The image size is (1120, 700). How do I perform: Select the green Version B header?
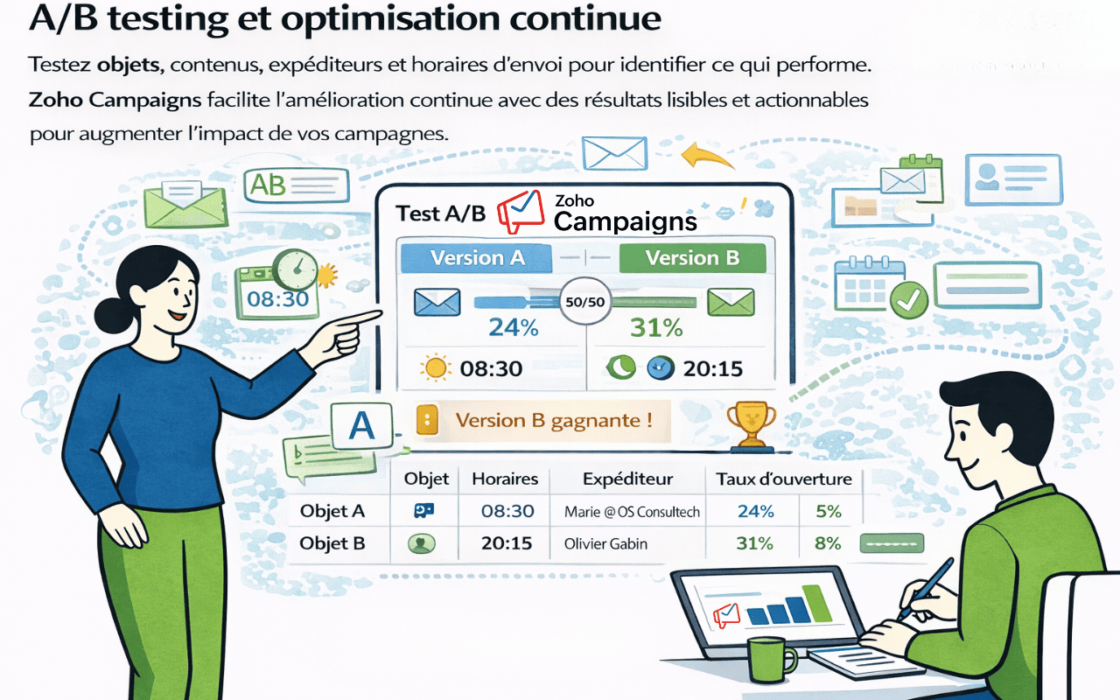click(692, 258)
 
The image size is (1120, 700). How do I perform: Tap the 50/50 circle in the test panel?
click(585, 302)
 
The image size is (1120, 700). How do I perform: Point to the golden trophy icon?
click(751, 421)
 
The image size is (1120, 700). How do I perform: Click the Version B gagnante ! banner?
click(553, 421)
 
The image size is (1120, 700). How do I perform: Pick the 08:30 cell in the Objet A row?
click(507, 512)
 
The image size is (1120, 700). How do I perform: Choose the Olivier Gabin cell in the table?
click(605, 544)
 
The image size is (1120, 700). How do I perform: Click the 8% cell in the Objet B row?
click(827, 543)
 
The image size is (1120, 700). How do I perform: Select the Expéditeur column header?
click(627, 479)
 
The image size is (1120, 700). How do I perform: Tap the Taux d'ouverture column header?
click(783, 479)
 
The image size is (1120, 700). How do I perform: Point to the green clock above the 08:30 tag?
click(294, 270)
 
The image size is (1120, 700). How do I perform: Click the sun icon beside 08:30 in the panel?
click(434, 368)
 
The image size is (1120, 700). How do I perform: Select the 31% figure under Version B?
click(656, 328)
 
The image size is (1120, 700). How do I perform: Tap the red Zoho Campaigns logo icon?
click(520, 213)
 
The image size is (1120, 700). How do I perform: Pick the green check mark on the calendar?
click(909, 301)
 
